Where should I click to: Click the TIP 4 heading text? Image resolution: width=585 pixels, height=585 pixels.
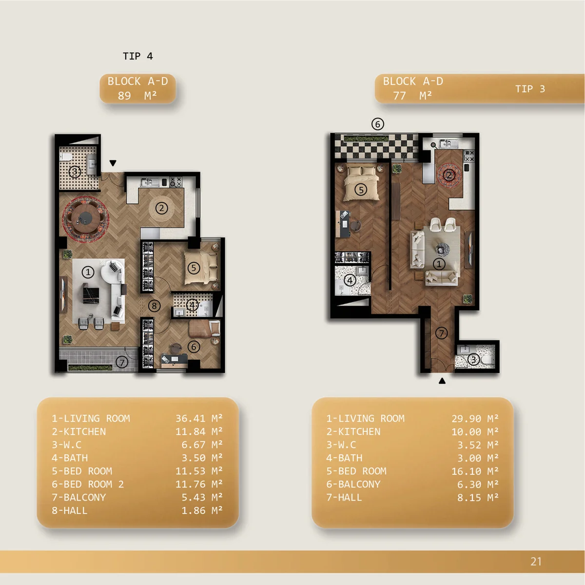pos(137,56)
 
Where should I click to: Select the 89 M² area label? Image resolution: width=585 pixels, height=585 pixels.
pos(137,96)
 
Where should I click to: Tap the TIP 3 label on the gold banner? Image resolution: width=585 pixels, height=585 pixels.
pos(530,89)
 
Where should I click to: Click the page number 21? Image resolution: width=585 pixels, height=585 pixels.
pos(536,561)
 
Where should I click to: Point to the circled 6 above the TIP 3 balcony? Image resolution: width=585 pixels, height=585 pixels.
pos(378,124)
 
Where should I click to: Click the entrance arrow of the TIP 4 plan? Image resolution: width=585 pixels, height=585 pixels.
pos(113,163)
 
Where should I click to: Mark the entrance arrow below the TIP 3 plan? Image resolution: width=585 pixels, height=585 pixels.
pos(442,381)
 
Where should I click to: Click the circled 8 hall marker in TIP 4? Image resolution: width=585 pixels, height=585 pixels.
pos(154,306)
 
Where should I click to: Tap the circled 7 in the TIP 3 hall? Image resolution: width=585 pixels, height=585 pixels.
pos(441,333)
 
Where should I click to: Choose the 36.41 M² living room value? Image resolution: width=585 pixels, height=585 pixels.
pos(199,418)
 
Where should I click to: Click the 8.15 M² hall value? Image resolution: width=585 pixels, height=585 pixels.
pos(478,498)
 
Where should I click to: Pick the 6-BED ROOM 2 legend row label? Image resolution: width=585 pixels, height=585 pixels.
pos(88,484)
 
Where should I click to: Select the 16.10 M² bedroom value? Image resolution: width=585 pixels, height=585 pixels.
pos(475,471)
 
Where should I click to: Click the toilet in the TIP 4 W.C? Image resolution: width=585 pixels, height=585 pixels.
pos(66,157)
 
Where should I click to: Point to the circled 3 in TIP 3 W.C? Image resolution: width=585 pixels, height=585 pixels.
pos(473,360)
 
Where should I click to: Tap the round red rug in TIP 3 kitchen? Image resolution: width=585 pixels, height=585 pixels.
pos(449,175)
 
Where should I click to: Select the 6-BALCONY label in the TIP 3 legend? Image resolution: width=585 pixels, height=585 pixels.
pos(353,484)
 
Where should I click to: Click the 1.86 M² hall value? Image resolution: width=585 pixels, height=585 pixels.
pos(202,510)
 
